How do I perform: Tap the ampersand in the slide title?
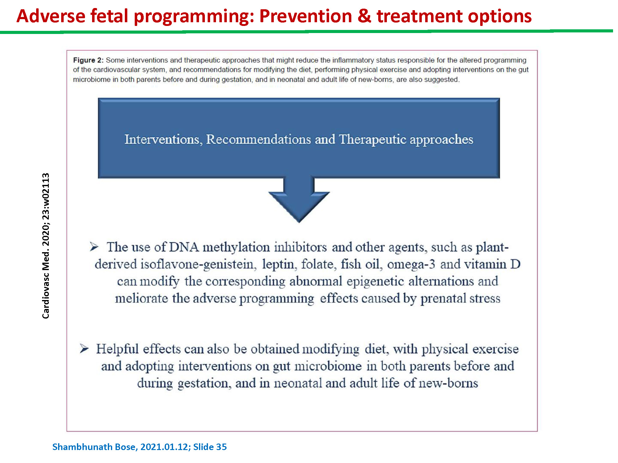click(364, 16)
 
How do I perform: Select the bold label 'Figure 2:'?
click(88, 60)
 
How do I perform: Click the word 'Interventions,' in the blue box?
click(163, 140)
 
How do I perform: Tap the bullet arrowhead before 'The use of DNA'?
click(94, 247)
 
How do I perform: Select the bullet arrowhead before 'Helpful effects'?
click(84, 349)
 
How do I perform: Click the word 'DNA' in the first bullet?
click(184, 247)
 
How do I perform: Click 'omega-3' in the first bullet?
click(411, 265)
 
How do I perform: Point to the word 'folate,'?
click(319, 264)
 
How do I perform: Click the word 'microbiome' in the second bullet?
click(328, 366)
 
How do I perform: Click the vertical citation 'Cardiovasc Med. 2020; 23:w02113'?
click(46, 246)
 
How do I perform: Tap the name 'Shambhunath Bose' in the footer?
click(95, 447)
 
